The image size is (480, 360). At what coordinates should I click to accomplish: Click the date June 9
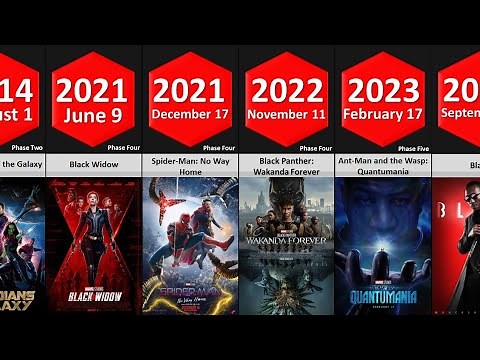(92, 114)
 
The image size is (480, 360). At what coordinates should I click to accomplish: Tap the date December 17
(189, 114)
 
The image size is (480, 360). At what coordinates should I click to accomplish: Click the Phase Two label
(28, 146)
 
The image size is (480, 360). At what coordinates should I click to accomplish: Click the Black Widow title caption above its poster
(92, 162)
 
